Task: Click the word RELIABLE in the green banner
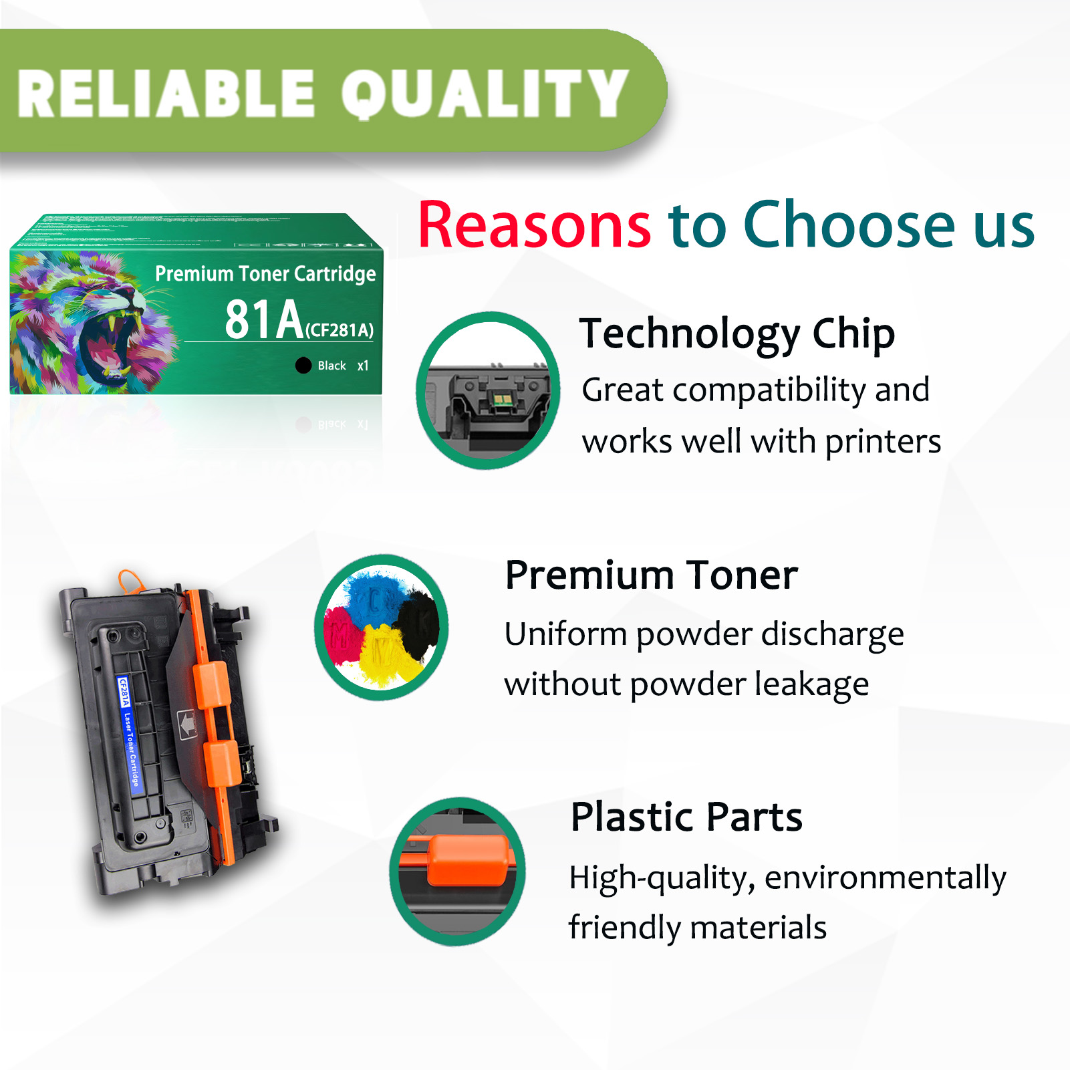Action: tap(166, 94)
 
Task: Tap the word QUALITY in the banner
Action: tap(484, 94)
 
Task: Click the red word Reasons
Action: tap(534, 225)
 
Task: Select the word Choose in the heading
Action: tap(849, 225)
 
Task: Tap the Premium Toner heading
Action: tap(651, 575)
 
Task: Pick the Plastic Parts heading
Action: tap(686, 817)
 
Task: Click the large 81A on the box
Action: tap(263, 320)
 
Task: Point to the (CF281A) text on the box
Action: tap(340, 329)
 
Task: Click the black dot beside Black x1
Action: tap(303, 365)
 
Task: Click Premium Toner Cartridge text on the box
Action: tap(265, 273)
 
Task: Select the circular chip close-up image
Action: tap(488, 390)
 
